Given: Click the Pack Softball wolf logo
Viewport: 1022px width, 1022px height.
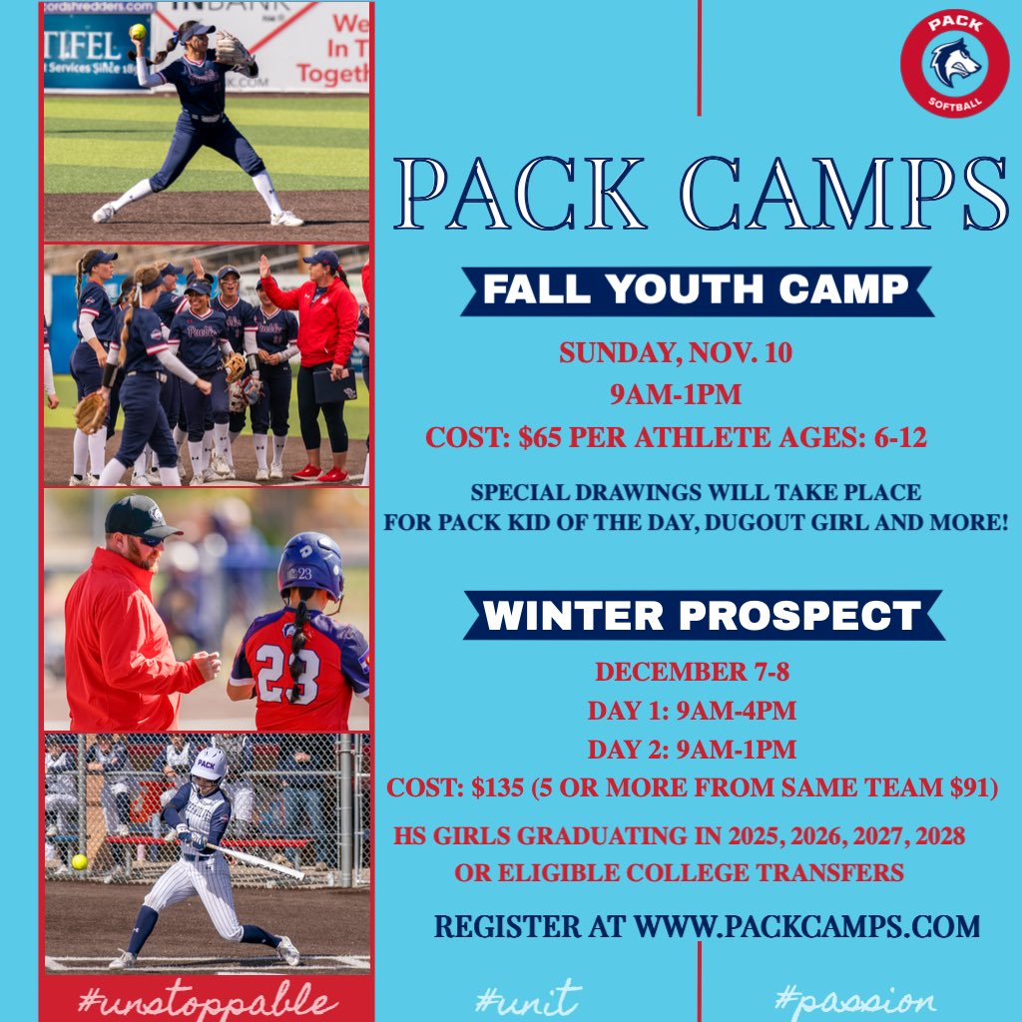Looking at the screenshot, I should (x=954, y=63).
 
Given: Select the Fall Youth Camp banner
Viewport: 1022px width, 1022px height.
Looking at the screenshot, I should (x=696, y=289).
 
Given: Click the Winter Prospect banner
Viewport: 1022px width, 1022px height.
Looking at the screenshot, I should (x=703, y=615).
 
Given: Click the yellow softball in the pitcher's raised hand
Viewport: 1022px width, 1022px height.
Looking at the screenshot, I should (x=137, y=31).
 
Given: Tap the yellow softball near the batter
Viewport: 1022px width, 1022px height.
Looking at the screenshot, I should (x=79, y=861).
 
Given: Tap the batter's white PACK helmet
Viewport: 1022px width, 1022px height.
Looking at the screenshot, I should (x=210, y=764).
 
